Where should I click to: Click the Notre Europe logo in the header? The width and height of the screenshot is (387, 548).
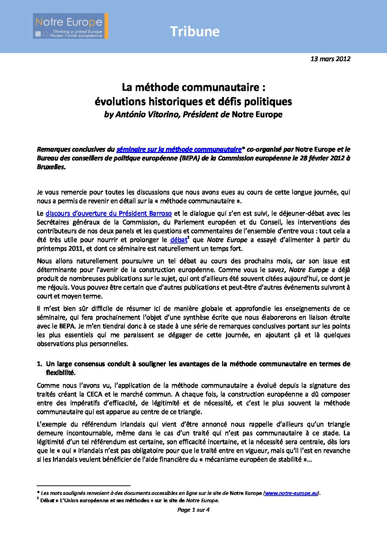point(70,26)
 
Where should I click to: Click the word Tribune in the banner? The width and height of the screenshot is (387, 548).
point(195,32)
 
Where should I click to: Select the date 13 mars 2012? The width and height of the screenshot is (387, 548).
point(330,59)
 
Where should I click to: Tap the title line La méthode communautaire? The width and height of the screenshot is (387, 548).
point(193,87)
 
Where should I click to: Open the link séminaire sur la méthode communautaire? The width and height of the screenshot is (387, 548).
point(179,149)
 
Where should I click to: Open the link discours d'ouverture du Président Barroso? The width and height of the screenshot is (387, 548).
point(109,213)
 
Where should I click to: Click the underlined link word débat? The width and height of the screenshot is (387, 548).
point(179,240)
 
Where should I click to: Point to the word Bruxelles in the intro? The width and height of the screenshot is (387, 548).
point(51,167)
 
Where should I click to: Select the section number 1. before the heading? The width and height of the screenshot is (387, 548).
point(40,364)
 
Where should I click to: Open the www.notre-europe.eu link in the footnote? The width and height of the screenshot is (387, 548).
point(291,493)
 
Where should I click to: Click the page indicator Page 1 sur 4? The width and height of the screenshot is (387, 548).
point(193,510)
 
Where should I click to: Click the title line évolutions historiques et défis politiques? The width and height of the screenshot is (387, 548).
point(193,101)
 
